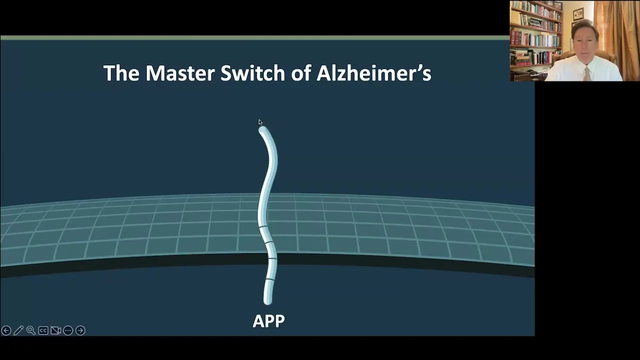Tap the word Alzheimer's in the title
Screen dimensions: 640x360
(x=373, y=73)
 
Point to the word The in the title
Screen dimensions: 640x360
(x=121, y=73)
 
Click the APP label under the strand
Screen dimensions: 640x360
(x=268, y=321)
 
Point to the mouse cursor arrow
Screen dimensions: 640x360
(x=260, y=122)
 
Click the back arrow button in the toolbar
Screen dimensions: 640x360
(x=6, y=330)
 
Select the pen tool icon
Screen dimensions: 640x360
(x=18, y=330)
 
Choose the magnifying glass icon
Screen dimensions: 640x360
(x=30, y=330)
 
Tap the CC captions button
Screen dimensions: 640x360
(x=43, y=330)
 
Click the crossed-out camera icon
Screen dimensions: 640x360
(x=55, y=330)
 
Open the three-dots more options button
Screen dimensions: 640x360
(x=68, y=330)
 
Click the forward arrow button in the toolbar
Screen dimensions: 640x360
(x=80, y=330)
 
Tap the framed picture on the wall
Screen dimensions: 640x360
(x=578, y=14)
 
